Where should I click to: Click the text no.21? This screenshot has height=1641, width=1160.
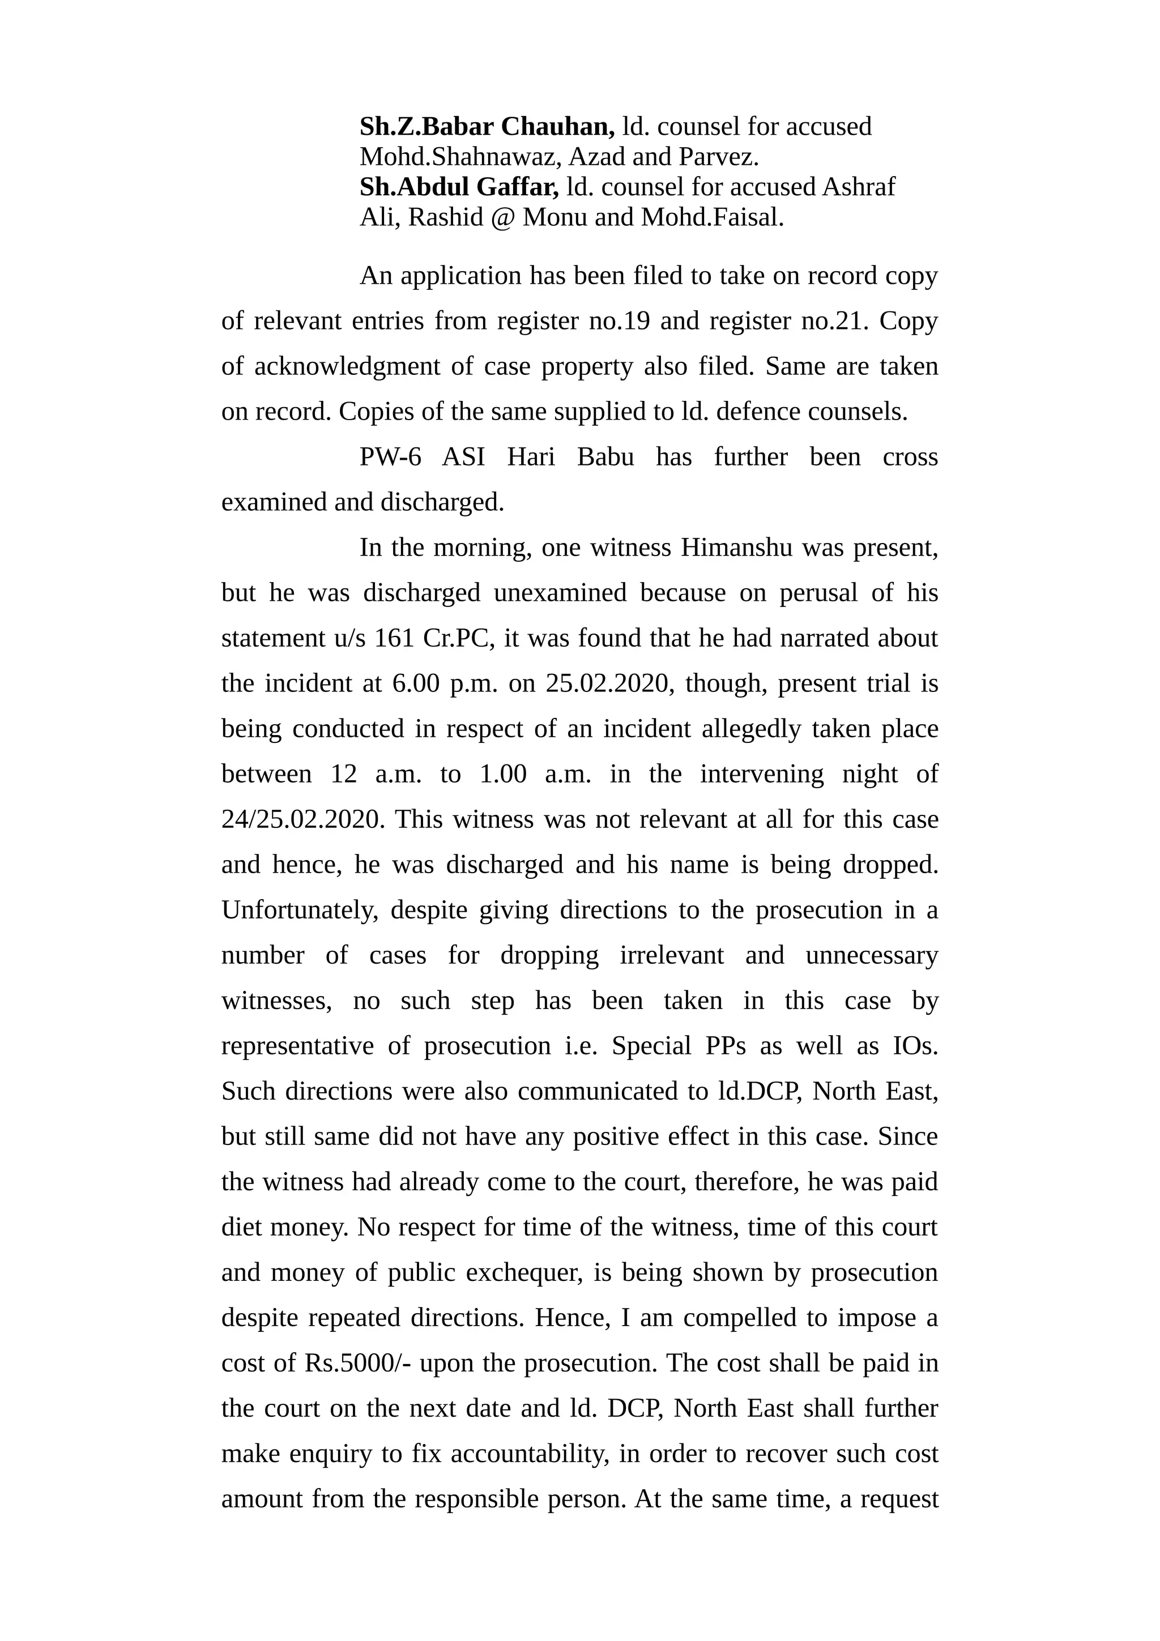[x=834, y=321]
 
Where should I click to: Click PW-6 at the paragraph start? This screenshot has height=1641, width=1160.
[x=390, y=457]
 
